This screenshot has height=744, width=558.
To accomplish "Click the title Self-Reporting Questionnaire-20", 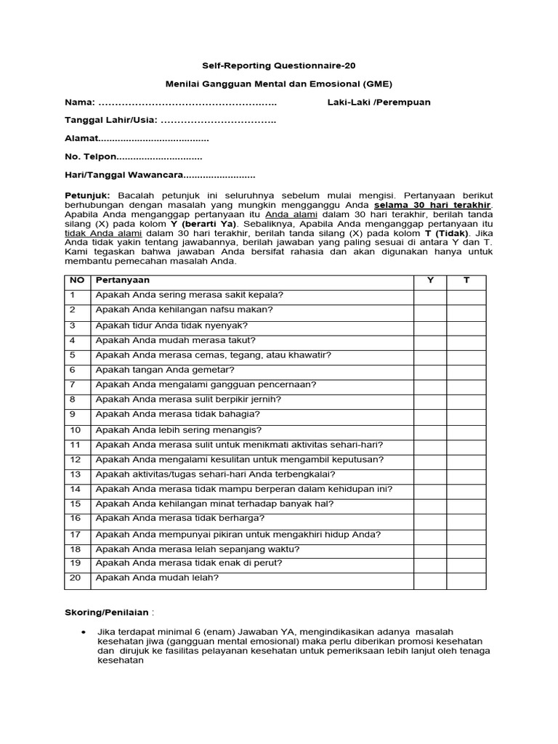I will (x=279, y=65).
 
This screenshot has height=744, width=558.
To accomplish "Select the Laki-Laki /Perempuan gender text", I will (x=379, y=102).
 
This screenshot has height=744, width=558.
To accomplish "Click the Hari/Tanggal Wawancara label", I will (x=124, y=175).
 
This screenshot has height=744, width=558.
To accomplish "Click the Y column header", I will (x=430, y=280).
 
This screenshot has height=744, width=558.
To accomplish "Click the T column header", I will (x=466, y=280).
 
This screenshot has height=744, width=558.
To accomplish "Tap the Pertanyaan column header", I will (x=123, y=280).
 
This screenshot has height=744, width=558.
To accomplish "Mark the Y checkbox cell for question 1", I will (x=430, y=294).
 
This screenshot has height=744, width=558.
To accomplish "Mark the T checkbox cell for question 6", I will (x=466, y=369).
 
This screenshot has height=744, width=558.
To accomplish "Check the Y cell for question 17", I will (x=430, y=534).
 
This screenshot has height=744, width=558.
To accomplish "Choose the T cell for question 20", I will (x=466, y=578).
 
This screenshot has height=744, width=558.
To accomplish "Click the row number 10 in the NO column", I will (x=76, y=429).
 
